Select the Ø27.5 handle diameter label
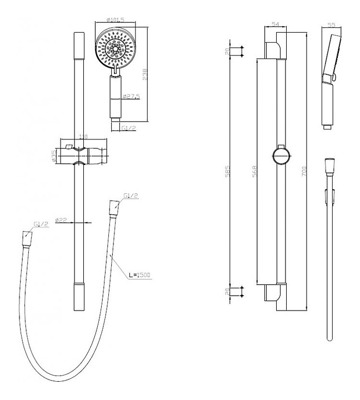tap(132, 97)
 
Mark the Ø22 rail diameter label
tap(61, 221)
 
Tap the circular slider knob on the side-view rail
tap(281, 156)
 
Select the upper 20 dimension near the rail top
tap(228, 52)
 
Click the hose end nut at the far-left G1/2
tap(26, 238)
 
